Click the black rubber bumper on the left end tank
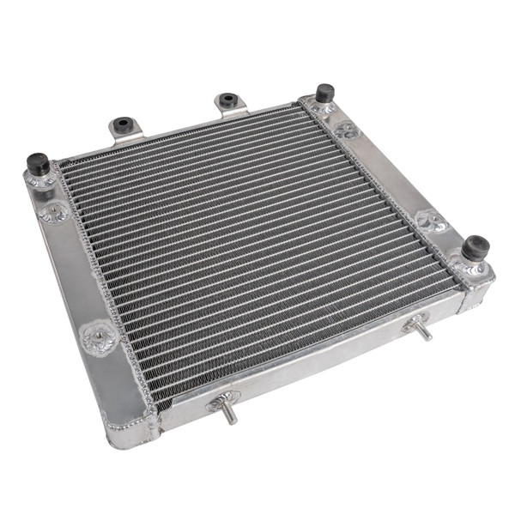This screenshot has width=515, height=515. click(38, 162)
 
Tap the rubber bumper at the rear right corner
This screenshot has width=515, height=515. click(324, 92)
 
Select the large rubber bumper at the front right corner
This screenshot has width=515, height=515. click(475, 248)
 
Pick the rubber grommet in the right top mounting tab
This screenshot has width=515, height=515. click(227, 100)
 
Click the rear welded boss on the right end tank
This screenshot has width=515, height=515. click(346, 130)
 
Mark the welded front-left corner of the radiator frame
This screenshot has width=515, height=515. click(129, 429)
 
